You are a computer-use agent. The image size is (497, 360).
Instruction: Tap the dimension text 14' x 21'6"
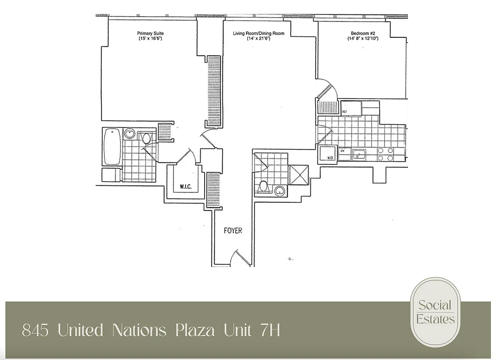258,39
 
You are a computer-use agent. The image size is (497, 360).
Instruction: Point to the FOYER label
233,231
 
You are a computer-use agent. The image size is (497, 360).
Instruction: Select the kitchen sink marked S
358,154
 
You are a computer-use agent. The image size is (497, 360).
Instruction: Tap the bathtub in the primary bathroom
112,147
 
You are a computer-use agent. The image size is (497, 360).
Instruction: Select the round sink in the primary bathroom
130,134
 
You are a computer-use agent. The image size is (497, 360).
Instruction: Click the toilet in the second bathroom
264,186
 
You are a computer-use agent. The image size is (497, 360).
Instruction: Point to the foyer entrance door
241,259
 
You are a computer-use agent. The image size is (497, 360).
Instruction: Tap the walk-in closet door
185,156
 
